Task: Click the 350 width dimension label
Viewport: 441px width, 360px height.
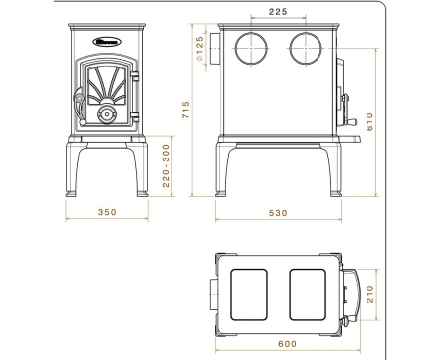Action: [107, 211]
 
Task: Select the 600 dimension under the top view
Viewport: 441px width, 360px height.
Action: [287, 343]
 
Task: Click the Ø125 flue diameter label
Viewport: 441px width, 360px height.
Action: [199, 46]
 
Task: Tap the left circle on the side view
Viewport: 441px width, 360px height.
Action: [250, 46]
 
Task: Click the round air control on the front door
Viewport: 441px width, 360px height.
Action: [107, 115]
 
